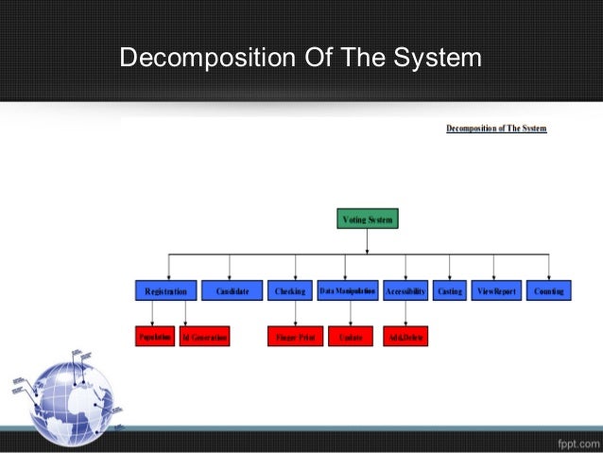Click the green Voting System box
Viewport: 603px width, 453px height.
point(368,218)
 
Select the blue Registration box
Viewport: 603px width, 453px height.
point(166,292)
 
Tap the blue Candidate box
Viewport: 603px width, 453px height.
point(232,292)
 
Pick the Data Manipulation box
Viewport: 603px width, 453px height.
point(348,292)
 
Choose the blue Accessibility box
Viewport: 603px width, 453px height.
point(405,292)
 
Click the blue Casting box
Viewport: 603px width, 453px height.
point(450,292)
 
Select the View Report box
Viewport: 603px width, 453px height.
point(496,292)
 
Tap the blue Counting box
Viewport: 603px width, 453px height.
point(549,292)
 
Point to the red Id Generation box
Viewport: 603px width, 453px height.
point(204,337)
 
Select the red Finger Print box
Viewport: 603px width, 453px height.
point(295,337)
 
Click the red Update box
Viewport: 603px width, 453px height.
point(351,337)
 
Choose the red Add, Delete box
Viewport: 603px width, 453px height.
point(405,337)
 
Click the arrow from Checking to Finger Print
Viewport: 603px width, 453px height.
point(296,315)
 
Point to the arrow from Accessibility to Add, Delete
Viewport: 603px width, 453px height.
point(406,315)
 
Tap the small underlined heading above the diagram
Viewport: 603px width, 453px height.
point(496,128)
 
